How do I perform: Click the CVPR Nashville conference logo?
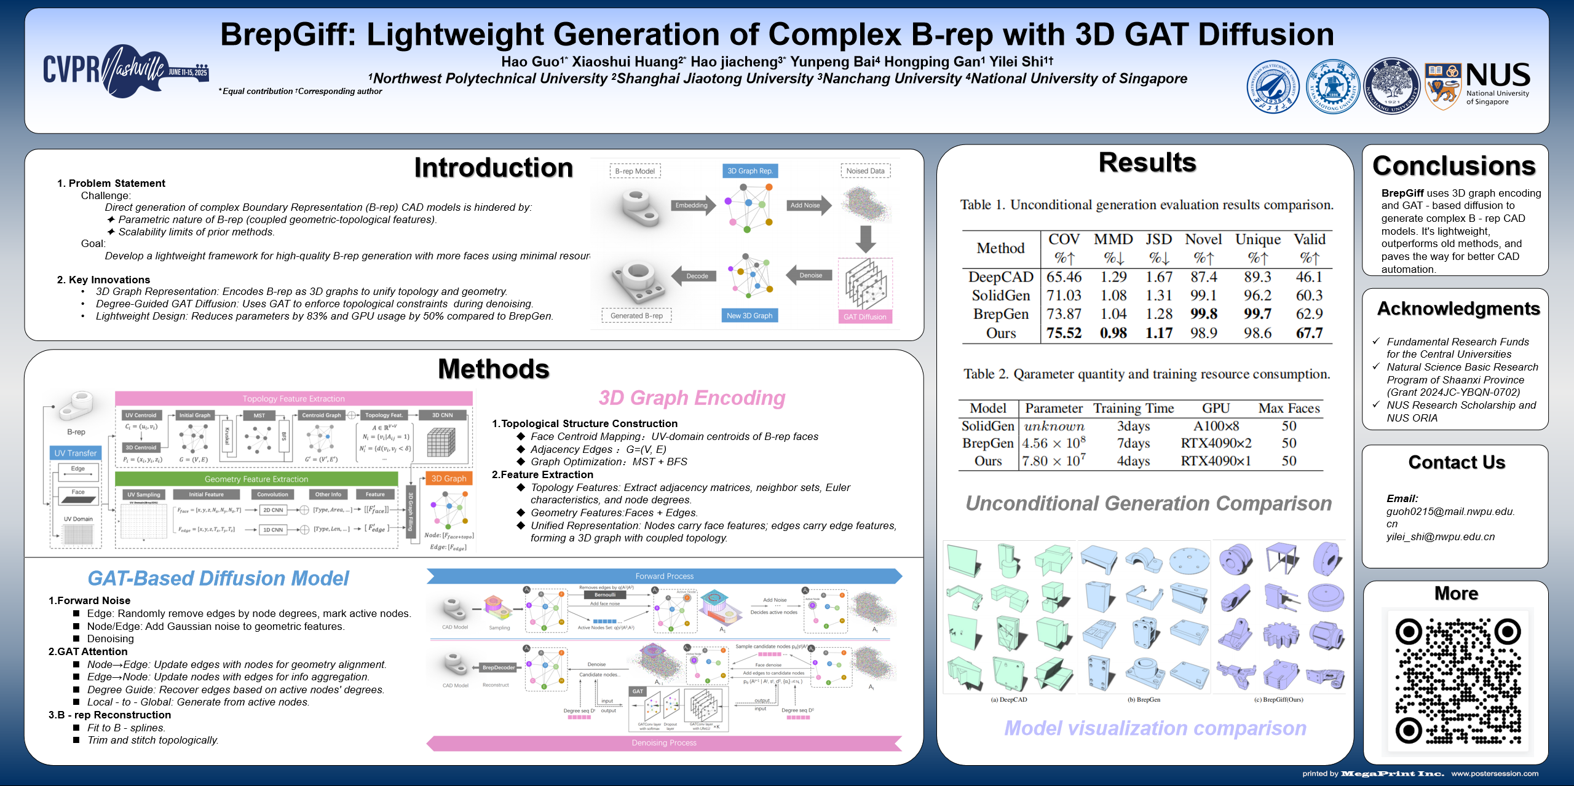(x=125, y=71)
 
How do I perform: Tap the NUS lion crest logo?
(x=1442, y=87)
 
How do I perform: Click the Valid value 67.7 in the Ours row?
(x=1309, y=333)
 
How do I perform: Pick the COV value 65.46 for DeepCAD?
(x=1064, y=277)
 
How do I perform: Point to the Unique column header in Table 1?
(x=1258, y=240)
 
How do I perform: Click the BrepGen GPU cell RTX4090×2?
(x=1216, y=443)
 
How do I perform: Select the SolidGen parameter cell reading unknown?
(x=1054, y=426)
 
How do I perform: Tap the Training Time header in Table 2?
(x=1133, y=409)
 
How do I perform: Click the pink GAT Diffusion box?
(x=864, y=316)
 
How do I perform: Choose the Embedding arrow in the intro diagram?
(x=692, y=205)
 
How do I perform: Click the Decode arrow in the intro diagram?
(x=695, y=276)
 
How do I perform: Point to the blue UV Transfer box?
(x=76, y=453)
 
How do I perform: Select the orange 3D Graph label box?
(x=449, y=478)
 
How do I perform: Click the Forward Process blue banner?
(x=664, y=576)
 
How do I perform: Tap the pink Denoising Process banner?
(x=664, y=743)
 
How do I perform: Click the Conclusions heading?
(x=1454, y=166)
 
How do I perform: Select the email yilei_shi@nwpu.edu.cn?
(x=1440, y=536)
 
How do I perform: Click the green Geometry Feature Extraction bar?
(x=256, y=479)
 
